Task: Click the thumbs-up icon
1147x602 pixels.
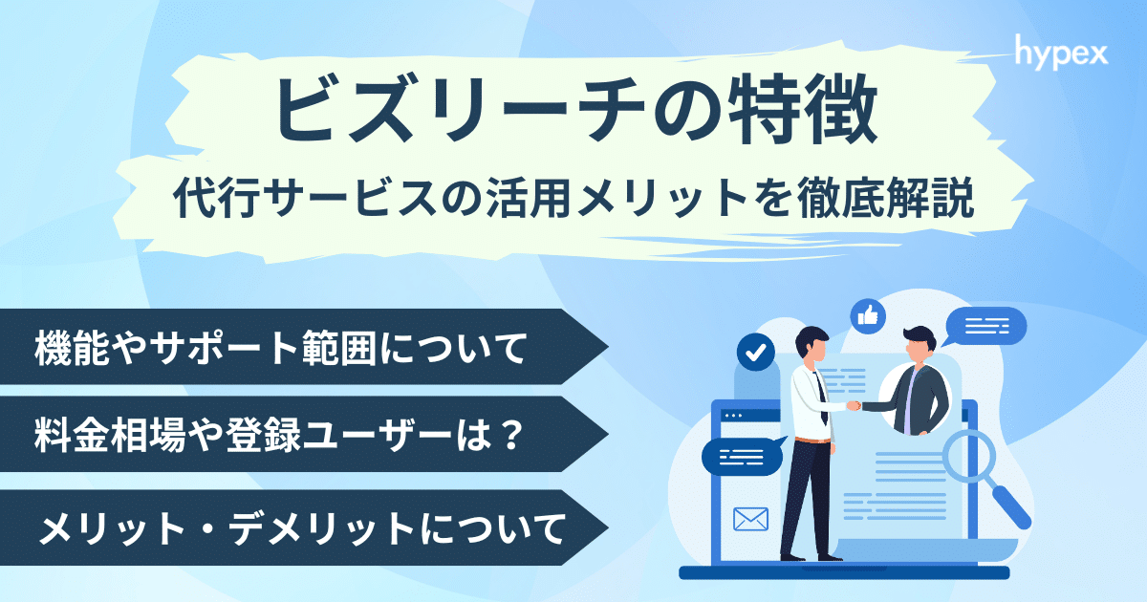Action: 868,313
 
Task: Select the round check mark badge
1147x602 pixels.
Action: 756,353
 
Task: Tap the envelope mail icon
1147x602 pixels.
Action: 750,519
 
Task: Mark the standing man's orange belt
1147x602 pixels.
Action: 811,441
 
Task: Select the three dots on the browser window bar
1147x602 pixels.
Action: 734,416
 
